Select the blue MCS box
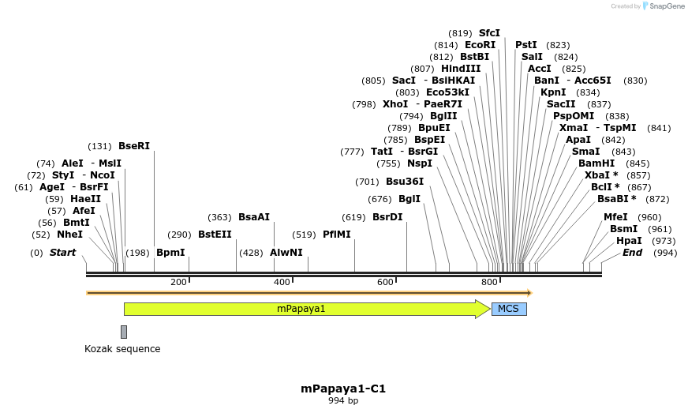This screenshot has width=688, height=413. pos(509,309)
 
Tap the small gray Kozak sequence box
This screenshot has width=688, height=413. pos(124,332)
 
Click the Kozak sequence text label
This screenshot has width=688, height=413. pos(122,349)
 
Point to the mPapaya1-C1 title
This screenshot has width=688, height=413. pos(343,389)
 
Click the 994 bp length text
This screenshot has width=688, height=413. pos(343,401)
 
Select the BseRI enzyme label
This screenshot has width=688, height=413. pos(133,146)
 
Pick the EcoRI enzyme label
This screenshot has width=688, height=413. pos(480,45)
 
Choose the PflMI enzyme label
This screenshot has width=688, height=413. pos(337,235)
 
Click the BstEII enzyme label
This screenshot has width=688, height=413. pos(215,235)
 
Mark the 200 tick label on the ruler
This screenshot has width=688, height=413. pos(178,283)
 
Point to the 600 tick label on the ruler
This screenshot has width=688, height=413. pos(385,283)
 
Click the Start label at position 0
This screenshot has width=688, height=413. pos(62,253)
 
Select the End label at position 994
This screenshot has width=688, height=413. pos(632,253)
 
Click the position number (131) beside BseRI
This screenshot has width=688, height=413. pos(99,146)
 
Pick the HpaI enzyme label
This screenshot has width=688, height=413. pos(629,241)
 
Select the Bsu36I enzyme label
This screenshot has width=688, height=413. pos(404,182)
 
